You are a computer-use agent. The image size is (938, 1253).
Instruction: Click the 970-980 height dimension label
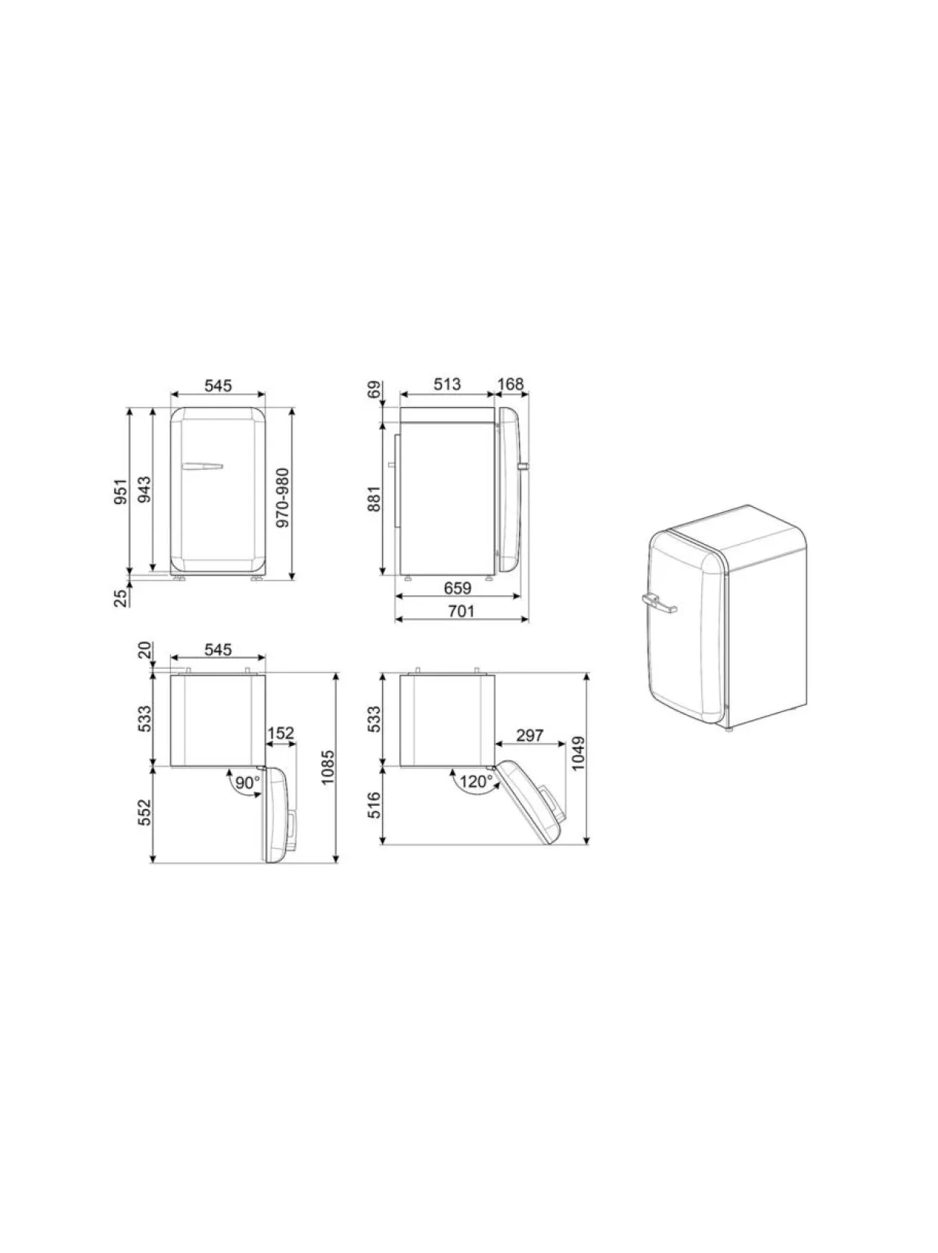[283, 497]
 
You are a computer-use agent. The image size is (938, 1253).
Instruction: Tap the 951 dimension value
[120, 492]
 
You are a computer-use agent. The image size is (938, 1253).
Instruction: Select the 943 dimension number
[145, 490]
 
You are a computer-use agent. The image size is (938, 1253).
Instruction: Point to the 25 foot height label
[120, 598]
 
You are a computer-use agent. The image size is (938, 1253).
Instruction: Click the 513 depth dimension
[447, 384]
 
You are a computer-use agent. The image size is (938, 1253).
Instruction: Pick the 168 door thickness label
[510, 384]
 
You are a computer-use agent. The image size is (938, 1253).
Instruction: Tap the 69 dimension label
[374, 390]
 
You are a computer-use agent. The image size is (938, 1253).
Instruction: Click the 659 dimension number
[458, 587]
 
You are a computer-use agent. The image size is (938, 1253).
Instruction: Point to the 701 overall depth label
[461, 611]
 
